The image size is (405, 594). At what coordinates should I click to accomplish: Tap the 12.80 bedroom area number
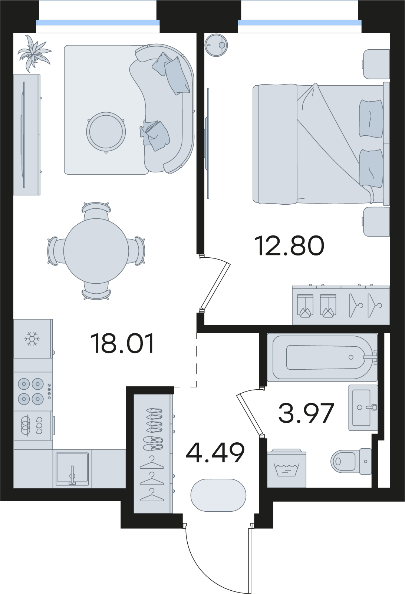tap(289, 246)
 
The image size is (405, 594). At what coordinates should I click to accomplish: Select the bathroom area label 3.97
tap(306, 413)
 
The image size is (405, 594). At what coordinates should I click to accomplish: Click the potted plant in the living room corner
tap(34, 53)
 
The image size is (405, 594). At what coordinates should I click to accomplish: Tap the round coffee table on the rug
tap(106, 132)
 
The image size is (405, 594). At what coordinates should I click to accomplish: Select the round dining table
tap(96, 251)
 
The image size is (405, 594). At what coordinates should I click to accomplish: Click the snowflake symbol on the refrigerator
tap(32, 339)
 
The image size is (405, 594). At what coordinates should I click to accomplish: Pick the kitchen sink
tap(72, 468)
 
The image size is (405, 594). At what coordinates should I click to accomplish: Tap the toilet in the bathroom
tap(351, 461)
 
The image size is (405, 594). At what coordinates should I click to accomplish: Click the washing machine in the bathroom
tap(286, 468)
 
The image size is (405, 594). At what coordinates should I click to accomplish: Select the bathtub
tap(322, 357)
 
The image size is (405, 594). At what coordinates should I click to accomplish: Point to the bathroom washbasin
tap(363, 407)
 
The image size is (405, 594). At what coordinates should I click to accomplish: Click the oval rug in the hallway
tap(218, 495)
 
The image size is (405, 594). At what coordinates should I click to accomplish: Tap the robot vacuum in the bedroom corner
tap(217, 46)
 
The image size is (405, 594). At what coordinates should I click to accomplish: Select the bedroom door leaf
tap(215, 286)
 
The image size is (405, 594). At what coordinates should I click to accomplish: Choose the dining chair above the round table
tap(96, 211)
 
